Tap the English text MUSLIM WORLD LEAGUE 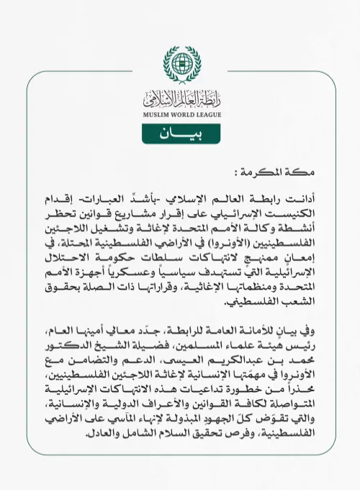point(179,114)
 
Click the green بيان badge point(179,134)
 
